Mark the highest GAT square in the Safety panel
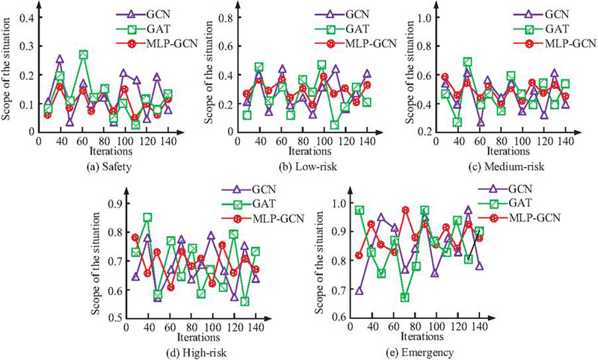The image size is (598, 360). (x=84, y=55)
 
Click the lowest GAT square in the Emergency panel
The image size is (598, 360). (x=404, y=297)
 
